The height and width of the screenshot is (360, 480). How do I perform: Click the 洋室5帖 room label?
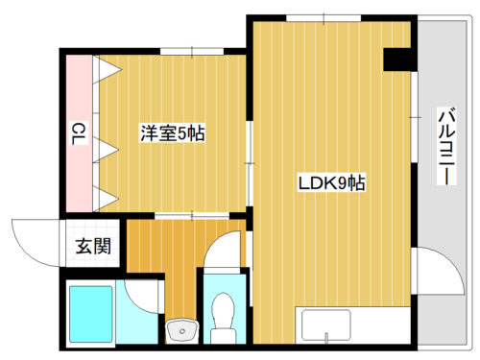pyautogui.click(x=173, y=133)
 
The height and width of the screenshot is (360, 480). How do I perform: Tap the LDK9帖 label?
pyautogui.click(x=331, y=183)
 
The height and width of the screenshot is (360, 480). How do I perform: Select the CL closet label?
pyautogui.click(x=79, y=133)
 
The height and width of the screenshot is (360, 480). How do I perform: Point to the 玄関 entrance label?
pyautogui.click(x=93, y=246)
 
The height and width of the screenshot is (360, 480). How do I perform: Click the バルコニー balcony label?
pyautogui.click(x=446, y=146)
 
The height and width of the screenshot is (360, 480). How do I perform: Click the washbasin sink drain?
pyautogui.click(x=182, y=330)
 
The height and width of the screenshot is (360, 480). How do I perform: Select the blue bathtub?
pyautogui.click(x=91, y=314)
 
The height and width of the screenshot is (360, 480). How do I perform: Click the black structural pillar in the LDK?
pyautogui.click(x=398, y=60)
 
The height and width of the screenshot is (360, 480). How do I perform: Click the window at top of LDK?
pyautogui.click(x=324, y=18)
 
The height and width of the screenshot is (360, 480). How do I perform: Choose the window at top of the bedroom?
pyautogui.click(x=192, y=51)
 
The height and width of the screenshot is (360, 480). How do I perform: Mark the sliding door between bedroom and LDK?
pyautogui.click(x=250, y=163)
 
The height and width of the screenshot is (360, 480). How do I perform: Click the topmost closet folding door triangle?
pyautogui.click(x=107, y=69)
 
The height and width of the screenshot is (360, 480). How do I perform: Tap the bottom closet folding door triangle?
pyautogui.click(x=106, y=198)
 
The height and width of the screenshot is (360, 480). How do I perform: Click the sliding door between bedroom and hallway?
pyautogui.click(x=192, y=216)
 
